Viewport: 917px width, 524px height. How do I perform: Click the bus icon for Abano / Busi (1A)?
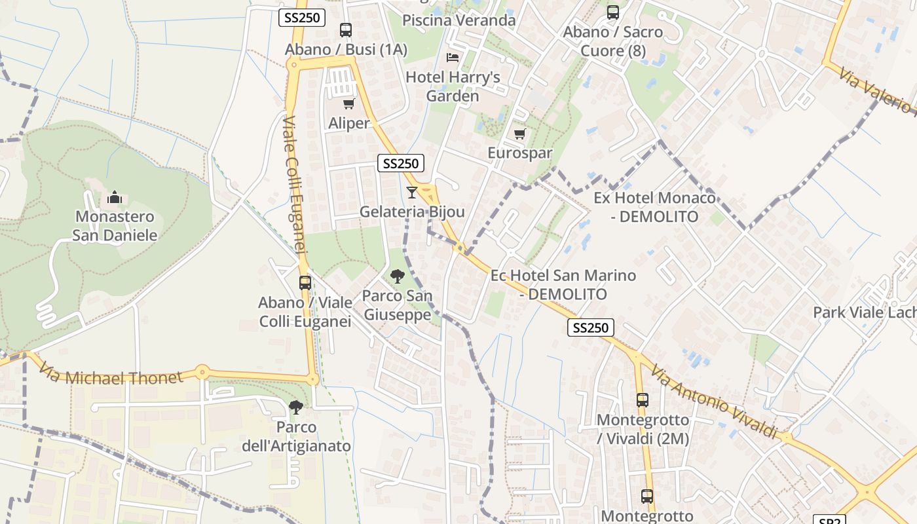[345, 30]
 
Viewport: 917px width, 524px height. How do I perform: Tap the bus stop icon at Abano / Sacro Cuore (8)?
[613, 12]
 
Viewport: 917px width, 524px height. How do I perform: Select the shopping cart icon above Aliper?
[348, 103]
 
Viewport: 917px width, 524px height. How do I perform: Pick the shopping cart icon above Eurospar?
[520, 134]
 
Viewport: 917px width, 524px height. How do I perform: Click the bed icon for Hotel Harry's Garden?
[452, 58]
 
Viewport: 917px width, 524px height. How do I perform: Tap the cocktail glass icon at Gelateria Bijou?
[412, 192]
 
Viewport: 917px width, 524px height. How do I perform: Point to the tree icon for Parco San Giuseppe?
[397, 276]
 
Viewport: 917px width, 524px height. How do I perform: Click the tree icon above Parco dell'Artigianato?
[296, 407]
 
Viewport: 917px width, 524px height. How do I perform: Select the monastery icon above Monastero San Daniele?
[115, 197]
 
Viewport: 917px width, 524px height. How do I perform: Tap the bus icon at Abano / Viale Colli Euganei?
[305, 283]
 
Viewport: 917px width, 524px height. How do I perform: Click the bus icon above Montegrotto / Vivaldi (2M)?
[643, 400]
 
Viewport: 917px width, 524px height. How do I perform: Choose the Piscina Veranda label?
[458, 20]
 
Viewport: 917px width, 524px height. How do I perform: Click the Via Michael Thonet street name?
[109, 375]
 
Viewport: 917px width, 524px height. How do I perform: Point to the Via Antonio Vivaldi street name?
[715, 402]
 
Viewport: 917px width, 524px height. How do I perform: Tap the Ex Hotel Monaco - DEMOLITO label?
[654, 207]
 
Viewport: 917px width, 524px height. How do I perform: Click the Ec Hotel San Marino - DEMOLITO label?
[563, 284]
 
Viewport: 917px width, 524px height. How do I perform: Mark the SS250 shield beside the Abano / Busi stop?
[302, 18]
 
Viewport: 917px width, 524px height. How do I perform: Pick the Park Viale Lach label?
[864, 312]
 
